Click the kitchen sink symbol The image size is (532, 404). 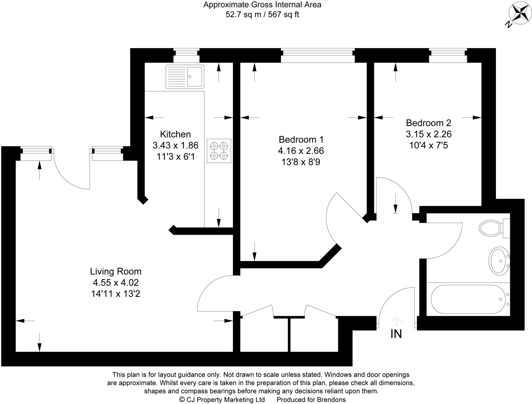click(185, 77)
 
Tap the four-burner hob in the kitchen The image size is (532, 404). click(219, 151)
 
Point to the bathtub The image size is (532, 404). click(468, 299)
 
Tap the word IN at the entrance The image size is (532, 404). click(396, 334)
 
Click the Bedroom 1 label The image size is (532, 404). click(301, 140)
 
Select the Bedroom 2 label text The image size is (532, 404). click(429, 123)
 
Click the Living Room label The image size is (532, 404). click(116, 271)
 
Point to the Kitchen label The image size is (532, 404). click(175, 134)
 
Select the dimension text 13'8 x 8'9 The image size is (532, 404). click(301, 162)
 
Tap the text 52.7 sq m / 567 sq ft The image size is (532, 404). click(262, 15)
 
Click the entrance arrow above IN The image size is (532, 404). click(396, 321)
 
